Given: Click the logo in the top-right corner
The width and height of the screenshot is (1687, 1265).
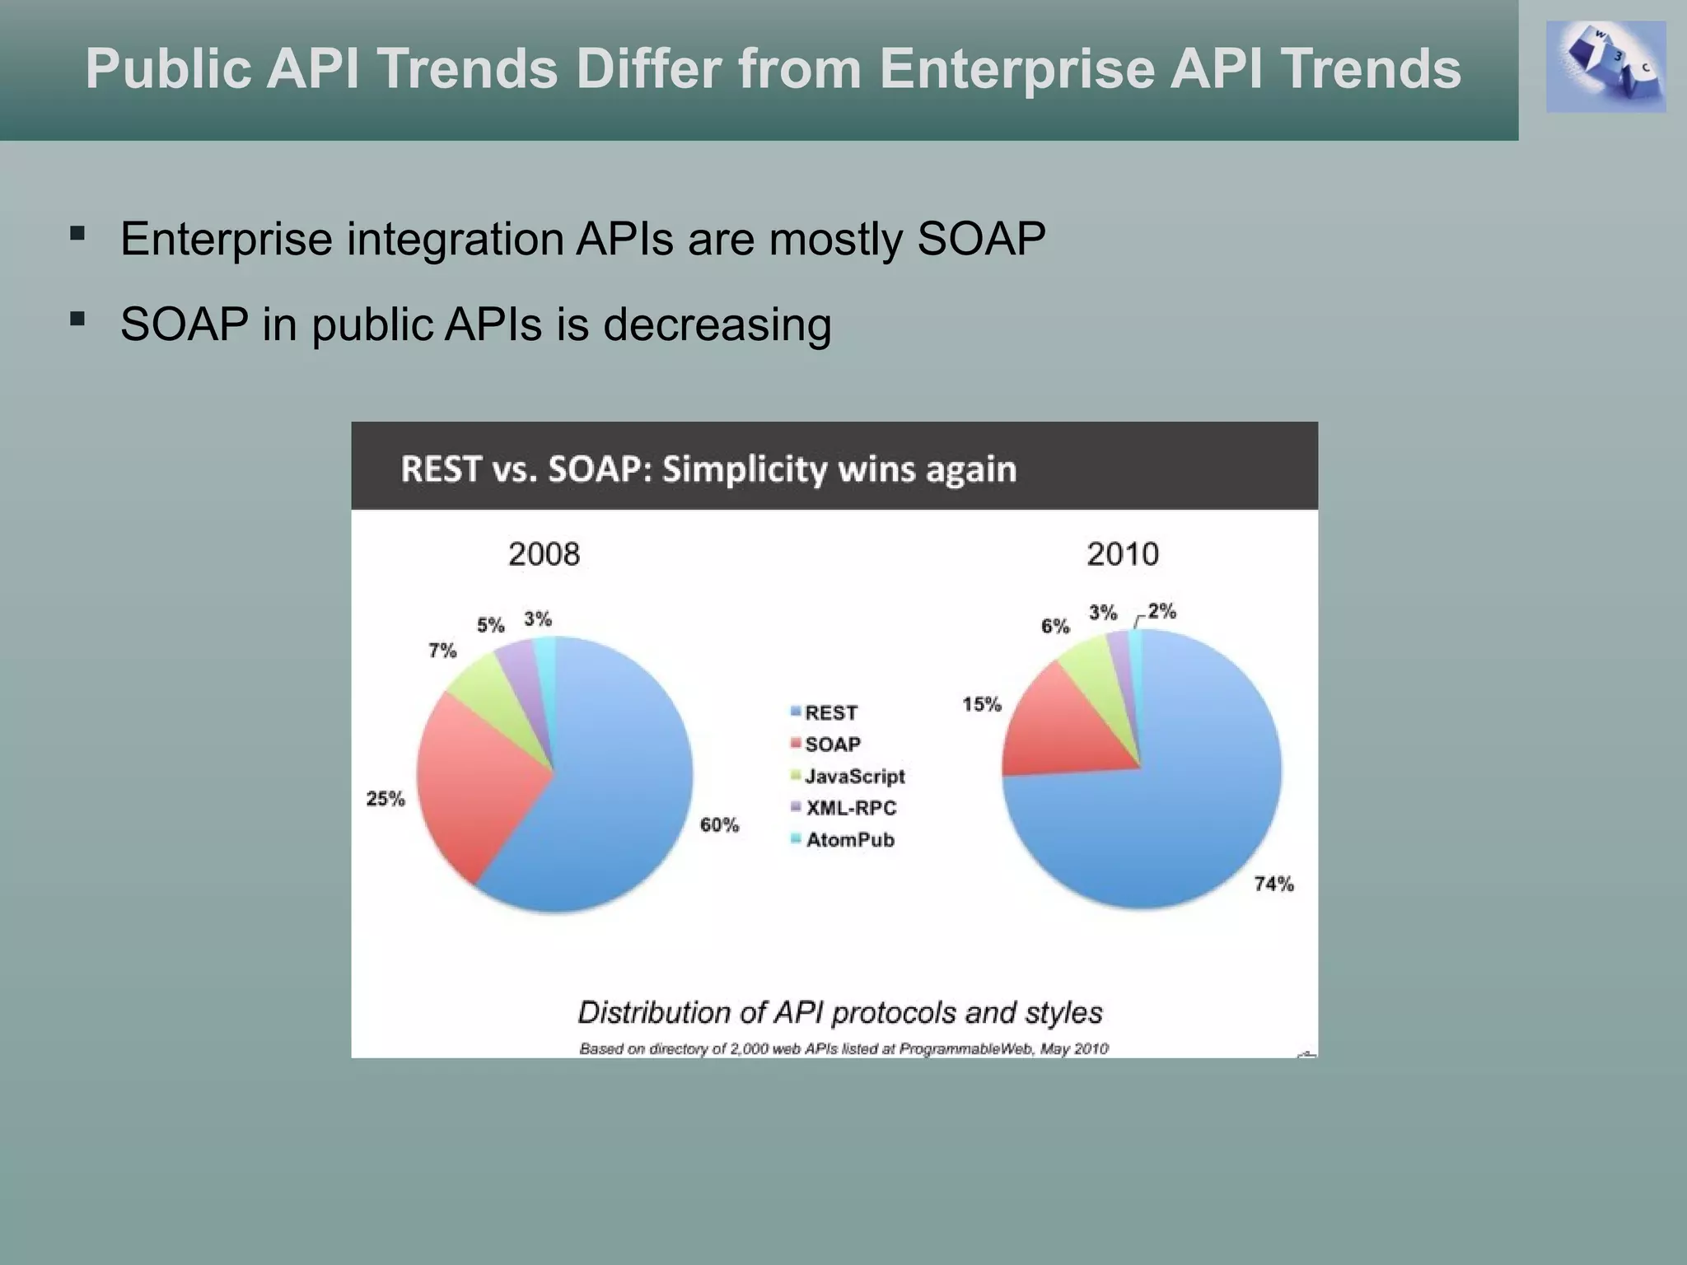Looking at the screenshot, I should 1605,67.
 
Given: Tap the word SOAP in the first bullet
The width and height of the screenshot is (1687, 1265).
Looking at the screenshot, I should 981,239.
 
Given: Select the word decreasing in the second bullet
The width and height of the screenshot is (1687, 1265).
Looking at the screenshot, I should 717,324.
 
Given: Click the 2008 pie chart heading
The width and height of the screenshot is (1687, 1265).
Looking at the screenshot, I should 544,553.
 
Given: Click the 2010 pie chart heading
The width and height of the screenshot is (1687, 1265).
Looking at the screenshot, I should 1122,553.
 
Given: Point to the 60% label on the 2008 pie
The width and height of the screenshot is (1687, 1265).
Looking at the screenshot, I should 719,824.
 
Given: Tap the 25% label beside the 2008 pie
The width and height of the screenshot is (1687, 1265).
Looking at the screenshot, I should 386,798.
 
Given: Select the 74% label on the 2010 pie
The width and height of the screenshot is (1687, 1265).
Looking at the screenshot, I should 1273,884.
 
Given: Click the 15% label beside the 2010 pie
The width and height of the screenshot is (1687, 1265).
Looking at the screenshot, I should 982,704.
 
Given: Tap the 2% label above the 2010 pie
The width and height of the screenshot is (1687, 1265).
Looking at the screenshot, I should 1161,611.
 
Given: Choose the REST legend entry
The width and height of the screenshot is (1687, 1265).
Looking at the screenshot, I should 830,712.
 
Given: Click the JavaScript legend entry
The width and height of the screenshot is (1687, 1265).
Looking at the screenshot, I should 854,776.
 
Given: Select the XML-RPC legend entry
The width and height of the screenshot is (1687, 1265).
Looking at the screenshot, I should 850,808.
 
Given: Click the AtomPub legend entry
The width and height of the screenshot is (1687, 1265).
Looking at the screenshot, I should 849,840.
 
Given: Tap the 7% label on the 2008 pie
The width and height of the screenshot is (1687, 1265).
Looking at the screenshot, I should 442,651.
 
